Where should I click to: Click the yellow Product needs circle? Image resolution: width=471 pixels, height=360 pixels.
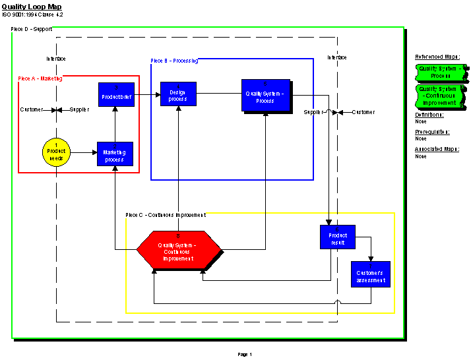[x=56, y=152]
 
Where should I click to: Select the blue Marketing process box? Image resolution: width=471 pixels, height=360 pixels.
[x=115, y=154]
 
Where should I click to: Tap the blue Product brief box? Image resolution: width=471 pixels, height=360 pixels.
[x=116, y=95]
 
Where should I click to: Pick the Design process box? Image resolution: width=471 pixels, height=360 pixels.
[x=178, y=94]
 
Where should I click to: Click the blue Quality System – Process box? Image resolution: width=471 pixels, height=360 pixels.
[x=265, y=96]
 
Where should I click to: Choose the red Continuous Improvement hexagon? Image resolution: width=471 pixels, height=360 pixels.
[x=178, y=250]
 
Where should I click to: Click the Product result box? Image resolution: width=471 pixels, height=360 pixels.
[x=338, y=237]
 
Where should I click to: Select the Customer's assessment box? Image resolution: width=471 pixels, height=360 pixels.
[x=370, y=274]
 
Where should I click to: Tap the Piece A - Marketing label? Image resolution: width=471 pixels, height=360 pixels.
[x=40, y=78]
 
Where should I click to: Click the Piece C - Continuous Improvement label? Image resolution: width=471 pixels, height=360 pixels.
[x=166, y=215]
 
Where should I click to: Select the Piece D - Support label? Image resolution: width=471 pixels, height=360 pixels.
[x=32, y=30]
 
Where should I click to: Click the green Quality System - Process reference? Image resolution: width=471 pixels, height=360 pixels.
[x=440, y=72]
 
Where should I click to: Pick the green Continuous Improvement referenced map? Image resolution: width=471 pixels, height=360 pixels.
[x=440, y=96]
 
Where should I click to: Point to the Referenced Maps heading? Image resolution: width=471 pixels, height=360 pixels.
[x=437, y=57]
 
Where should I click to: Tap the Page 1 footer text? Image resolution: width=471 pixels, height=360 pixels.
[x=245, y=355]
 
